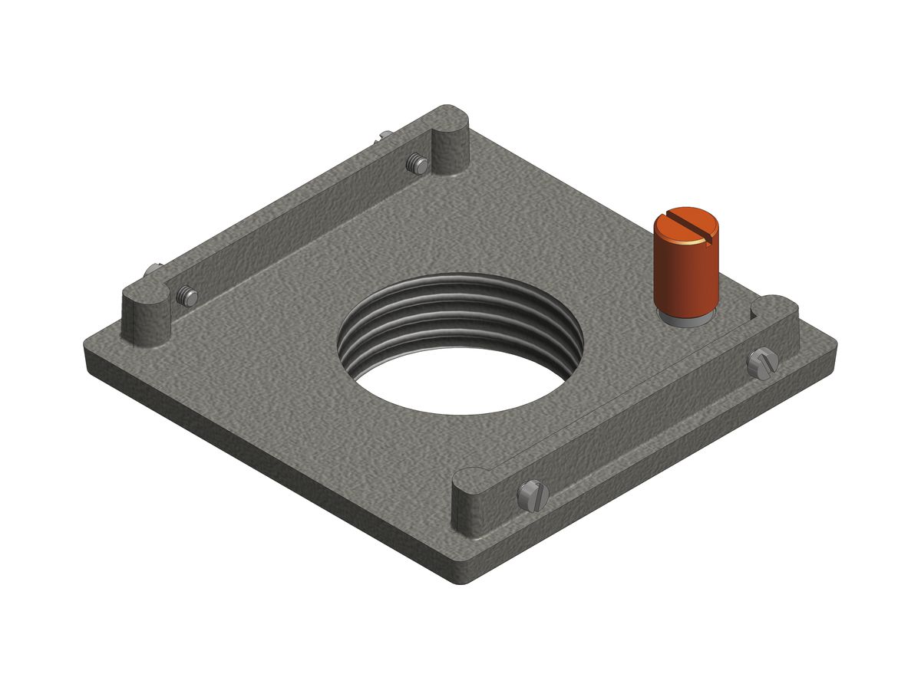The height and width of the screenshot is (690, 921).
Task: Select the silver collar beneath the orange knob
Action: [x=685, y=315]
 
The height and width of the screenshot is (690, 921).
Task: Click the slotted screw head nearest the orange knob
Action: [x=762, y=362]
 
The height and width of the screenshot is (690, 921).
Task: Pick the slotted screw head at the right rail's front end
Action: [x=533, y=495]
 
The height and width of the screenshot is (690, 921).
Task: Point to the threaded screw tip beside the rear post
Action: [x=418, y=163]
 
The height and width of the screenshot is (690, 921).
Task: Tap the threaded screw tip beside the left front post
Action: [x=186, y=296]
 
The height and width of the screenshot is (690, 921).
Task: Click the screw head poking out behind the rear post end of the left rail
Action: [x=385, y=136]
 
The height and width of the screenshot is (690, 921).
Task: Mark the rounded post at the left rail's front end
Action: [x=146, y=310]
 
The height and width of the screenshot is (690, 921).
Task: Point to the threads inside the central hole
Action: [x=460, y=314]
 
